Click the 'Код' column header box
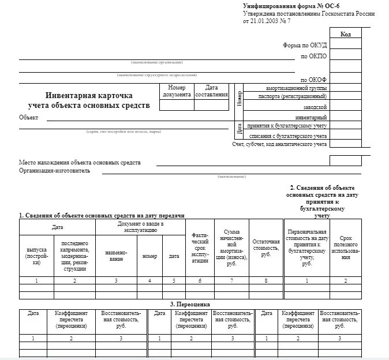pos(345,35)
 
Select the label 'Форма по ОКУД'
pos(305,46)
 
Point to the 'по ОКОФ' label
pos(313,80)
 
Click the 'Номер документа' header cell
pos(177,91)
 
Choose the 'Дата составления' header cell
pos(211,91)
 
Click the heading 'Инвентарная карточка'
pos(89,95)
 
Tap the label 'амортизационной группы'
pos(296,88)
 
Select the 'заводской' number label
pos(315,107)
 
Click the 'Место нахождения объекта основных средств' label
pos(80,163)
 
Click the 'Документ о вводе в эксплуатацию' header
pos(141,227)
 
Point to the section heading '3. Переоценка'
pos(190,304)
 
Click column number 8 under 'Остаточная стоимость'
pos(265,280)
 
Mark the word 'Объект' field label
pos(28,118)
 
